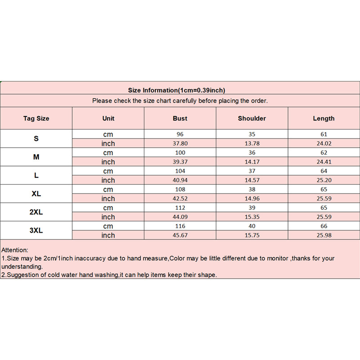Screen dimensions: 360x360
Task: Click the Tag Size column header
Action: coord(36,118)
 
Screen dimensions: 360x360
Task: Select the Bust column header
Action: coord(180,118)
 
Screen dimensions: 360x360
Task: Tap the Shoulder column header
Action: coord(252,118)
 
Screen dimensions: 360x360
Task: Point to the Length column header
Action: coord(324,118)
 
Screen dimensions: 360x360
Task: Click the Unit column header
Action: coord(108,118)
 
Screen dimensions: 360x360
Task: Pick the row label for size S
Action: coord(36,139)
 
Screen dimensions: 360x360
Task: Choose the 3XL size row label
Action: coord(36,230)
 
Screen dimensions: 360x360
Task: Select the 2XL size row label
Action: coord(36,212)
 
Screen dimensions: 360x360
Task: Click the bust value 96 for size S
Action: coord(180,134)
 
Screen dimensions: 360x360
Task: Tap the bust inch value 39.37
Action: coord(180,162)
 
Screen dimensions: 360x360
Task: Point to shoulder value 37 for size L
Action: coord(252,171)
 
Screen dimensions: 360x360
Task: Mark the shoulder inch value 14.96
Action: coord(252,198)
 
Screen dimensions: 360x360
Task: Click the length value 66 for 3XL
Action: coord(324,226)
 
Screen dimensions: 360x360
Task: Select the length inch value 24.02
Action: coord(324,144)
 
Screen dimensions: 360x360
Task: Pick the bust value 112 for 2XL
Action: coord(180,207)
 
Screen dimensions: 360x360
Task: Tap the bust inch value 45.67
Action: coord(180,235)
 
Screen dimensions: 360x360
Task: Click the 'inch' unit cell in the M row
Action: coord(108,162)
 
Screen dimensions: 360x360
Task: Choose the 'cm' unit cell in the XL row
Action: coord(108,189)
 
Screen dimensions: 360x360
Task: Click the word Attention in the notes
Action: coord(15,250)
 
